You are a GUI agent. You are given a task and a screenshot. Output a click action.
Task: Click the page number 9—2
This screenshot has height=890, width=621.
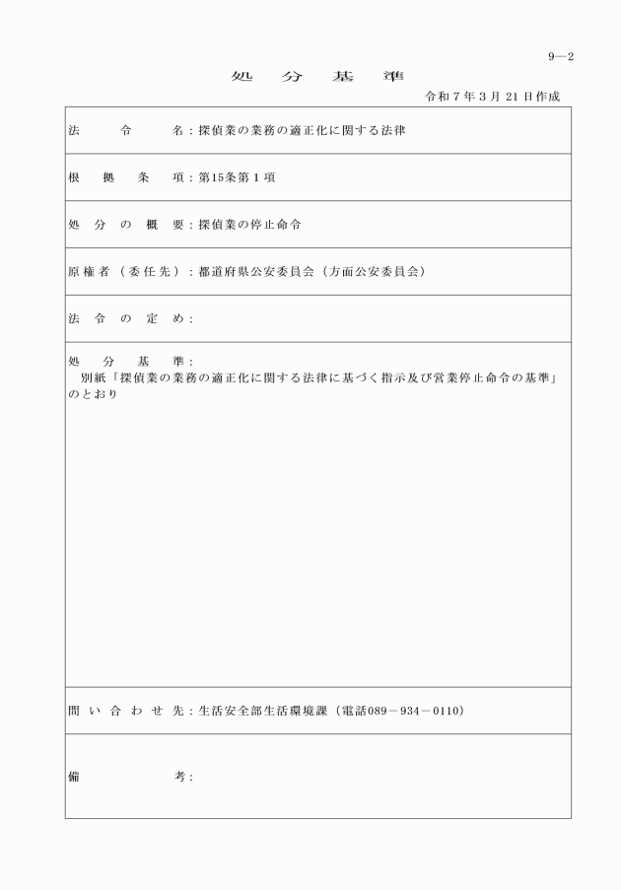coord(561,56)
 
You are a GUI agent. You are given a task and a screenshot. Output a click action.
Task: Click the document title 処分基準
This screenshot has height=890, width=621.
coord(310,76)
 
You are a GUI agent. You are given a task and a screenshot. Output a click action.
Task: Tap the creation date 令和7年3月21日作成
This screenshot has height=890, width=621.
coord(493,97)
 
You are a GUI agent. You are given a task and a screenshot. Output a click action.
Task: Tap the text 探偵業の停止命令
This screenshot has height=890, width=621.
coord(249,225)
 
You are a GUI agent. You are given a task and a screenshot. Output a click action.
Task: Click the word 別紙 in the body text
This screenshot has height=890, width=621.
coord(95,378)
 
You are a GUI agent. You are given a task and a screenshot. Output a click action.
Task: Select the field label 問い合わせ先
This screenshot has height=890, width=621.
coord(126,711)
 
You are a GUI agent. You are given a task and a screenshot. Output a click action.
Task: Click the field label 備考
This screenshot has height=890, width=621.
coord(126,777)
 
